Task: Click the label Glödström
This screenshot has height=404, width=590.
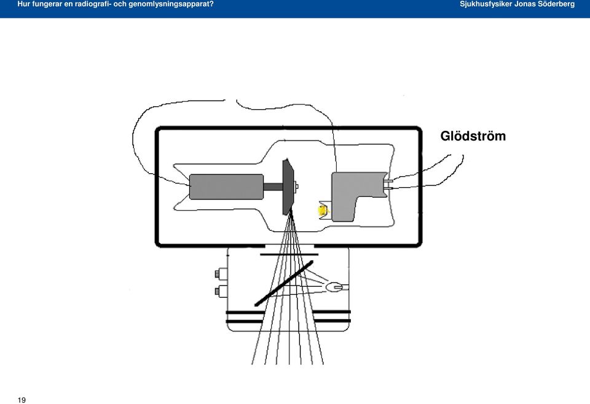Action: [473, 136]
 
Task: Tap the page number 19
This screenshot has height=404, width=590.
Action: [22, 400]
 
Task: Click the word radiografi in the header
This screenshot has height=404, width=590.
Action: [92, 4]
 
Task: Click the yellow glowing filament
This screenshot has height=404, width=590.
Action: [323, 211]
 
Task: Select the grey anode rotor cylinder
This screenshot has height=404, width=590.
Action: [226, 187]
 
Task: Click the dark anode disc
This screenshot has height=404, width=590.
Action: [288, 187]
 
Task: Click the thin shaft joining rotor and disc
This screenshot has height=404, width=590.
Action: [273, 187]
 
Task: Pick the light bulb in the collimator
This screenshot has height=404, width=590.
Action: [335, 288]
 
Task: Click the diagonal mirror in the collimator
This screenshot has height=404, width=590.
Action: [284, 283]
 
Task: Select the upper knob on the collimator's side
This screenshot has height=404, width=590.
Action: [221, 274]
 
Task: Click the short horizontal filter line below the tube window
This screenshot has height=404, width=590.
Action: [289, 254]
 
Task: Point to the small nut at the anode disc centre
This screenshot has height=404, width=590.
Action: [296, 186]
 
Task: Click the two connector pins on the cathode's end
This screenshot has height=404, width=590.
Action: [389, 184]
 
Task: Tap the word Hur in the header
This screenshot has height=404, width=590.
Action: [23, 4]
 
